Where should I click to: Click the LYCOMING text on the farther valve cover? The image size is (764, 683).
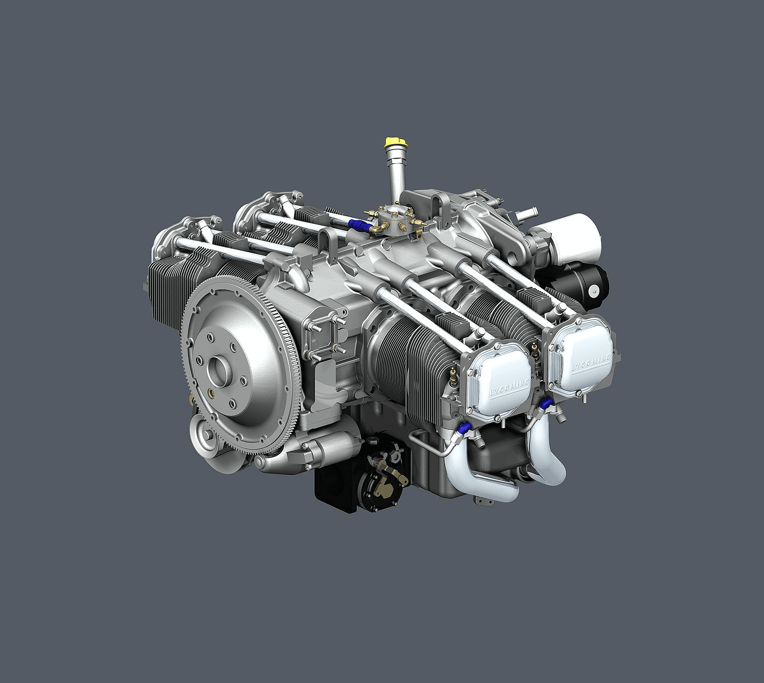tap(591, 362)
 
